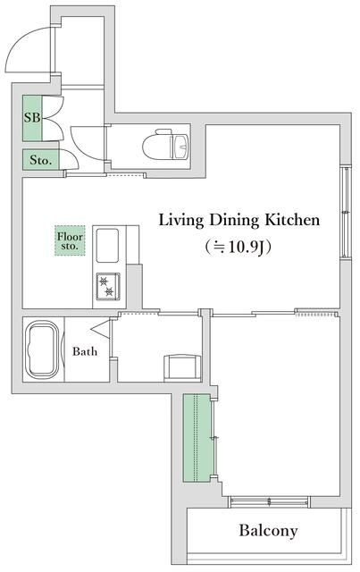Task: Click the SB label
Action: click(x=32, y=117)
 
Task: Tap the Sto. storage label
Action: click(x=41, y=160)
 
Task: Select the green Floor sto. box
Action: click(x=70, y=240)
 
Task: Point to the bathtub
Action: click(x=42, y=349)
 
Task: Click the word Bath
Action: click(x=85, y=351)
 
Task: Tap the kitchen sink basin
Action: click(x=107, y=246)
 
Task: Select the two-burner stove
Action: click(x=108, y=286)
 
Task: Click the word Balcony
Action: click(x=268, y=530)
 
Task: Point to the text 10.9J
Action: click(x=247, y=247)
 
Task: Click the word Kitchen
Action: click(x=292, y=220)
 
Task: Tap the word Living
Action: click(x=181, y=221)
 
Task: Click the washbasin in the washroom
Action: click(x=182, y=368)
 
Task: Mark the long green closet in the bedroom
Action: click(x=197, y=438)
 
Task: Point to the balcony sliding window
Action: click(x=269, y=501)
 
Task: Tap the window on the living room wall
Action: click(x=345, y=212)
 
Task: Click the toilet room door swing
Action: click(x=87, y=143)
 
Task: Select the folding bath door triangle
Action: click(x=102, y=328)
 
